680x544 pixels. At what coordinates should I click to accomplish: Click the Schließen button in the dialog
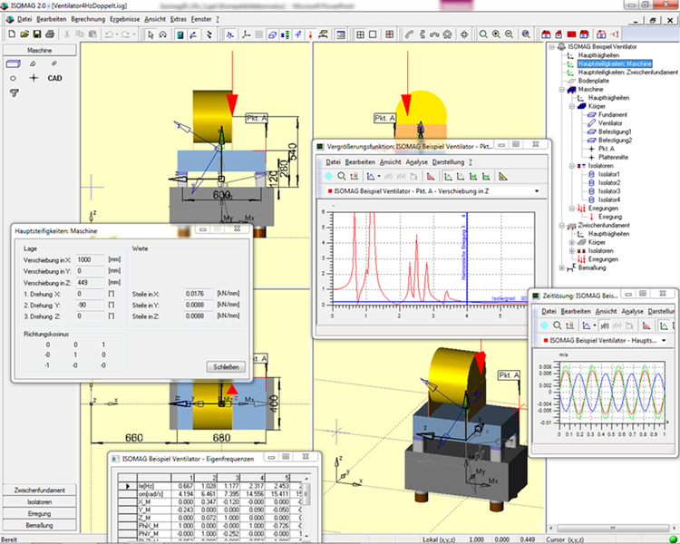coord(227,366)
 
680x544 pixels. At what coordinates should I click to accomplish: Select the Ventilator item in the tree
coord(608,123)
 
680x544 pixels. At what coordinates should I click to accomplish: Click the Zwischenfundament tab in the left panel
coord(39,490)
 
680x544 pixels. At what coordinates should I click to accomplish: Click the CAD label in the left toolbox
coord(55,79)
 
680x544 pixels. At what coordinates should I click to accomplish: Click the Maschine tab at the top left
coord(39,51)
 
